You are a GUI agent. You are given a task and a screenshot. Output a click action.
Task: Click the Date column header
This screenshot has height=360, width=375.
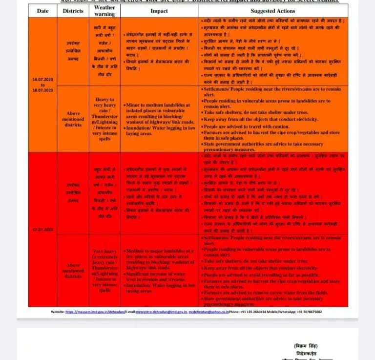point(42,11)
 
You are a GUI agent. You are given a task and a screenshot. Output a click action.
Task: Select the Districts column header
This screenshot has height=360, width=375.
point(73,11)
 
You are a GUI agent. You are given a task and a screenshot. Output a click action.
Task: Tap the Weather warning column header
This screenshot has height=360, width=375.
point(104,11)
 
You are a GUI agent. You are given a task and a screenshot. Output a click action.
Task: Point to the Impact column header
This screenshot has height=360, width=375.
point(159,11)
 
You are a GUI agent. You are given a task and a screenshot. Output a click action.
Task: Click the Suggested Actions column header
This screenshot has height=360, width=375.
point(273,11)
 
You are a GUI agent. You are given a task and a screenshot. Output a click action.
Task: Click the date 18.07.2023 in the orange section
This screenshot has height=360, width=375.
point(42,90)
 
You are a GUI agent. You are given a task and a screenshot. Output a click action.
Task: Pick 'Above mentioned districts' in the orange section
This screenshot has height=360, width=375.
point(73,119)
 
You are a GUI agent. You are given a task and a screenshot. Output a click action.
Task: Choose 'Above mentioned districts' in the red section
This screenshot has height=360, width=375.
point(73,270)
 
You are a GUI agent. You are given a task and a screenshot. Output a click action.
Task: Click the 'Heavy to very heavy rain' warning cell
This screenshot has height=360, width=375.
point(104,119)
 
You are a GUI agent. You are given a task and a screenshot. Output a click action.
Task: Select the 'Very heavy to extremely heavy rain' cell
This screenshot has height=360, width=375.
point(104,270)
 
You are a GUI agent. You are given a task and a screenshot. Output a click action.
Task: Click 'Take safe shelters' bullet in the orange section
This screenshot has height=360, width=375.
point(264,112)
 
